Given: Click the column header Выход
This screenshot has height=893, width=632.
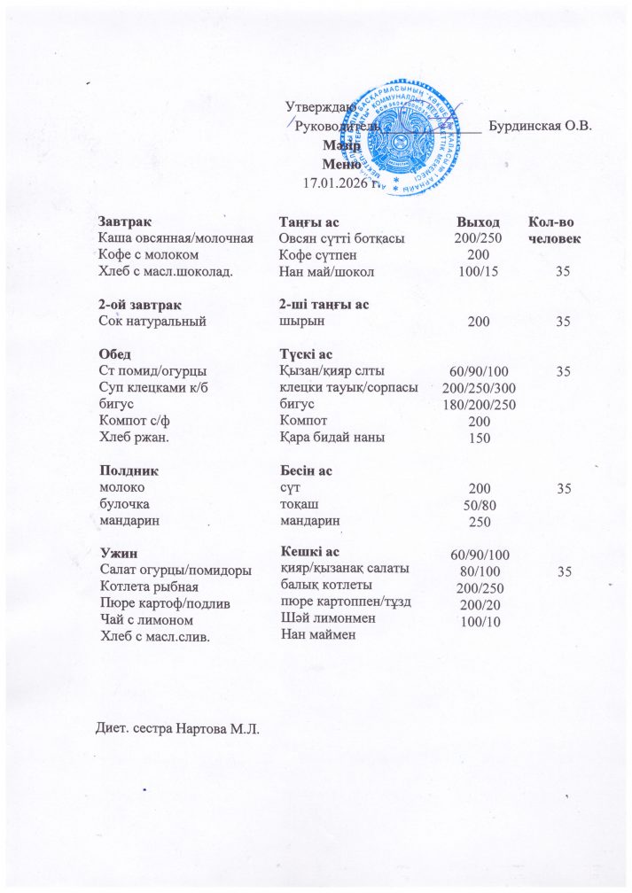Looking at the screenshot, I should pyautogui.click(x=477, y=221).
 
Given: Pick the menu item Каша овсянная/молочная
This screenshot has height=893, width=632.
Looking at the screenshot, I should pyautogui.click(x=176, y=238).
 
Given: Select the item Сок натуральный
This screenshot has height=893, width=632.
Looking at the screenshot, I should pyautogui.click(x=152, y=322).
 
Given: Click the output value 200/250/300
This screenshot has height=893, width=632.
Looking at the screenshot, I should pyautogui.click(x=479, y=389).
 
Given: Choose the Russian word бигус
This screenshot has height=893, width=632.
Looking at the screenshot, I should pyautogui.click(x=115, y=404).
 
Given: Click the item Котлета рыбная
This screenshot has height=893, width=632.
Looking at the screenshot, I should pyautogui.click(x=150, y=586).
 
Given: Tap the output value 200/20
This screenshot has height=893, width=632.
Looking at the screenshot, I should pyautogui.click(x=478, y=603).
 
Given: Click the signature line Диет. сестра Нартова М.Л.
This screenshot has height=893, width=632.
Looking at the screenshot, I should pyautogui.click(x=176, y=729).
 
